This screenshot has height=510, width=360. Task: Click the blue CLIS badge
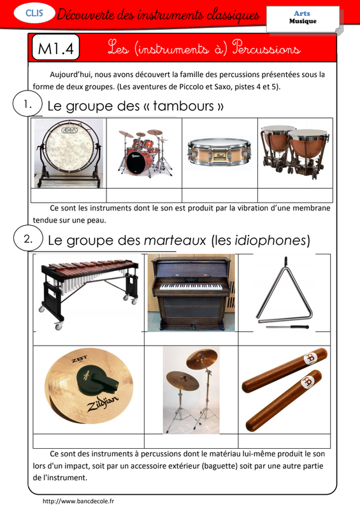point(34,13)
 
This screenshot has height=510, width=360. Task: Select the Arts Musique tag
point(303,18)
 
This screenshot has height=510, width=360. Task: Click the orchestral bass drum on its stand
point(69,154)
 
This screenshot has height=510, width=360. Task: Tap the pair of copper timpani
point(295,151)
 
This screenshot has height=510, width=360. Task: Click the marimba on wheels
point(89,293)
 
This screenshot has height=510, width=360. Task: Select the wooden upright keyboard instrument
point(191,293)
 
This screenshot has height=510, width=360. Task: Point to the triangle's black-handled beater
point(287,327)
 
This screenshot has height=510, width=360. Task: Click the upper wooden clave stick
point(285,370)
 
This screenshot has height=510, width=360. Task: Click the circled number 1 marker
point(27,105)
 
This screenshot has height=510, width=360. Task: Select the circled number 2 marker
point(28,239)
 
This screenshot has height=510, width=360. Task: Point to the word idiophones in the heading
point(271,241)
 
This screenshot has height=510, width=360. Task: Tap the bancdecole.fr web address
point(78,501)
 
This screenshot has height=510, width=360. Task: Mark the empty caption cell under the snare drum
point(220,195)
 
